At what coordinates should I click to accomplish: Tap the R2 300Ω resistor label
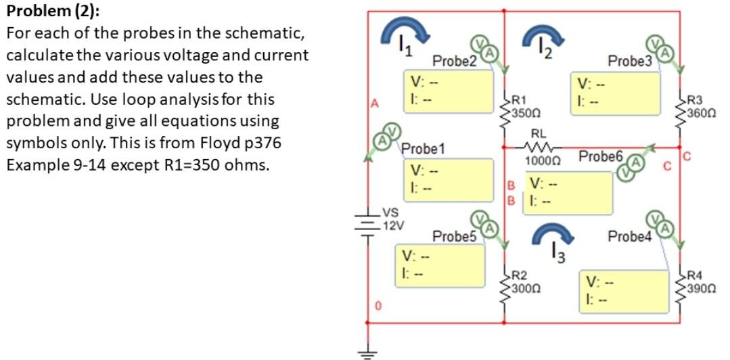pos(524,282)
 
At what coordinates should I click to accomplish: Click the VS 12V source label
pos(392,220)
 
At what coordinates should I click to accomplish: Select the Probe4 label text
pos(629,236)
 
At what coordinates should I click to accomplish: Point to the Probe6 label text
pos(599,157)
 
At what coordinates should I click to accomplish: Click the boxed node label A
pos(370,103)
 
